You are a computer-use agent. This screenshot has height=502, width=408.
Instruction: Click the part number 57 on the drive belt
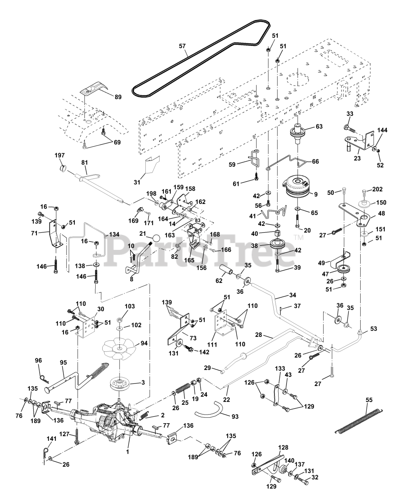point(182,46)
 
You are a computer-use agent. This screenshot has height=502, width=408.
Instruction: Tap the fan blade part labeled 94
point(119,349)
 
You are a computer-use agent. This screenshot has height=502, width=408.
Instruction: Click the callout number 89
point(118,97)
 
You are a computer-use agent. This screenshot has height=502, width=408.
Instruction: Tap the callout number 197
point(60,155)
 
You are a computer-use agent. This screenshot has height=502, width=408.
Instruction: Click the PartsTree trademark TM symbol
point(299,237)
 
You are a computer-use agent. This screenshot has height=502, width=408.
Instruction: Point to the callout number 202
point(377,189)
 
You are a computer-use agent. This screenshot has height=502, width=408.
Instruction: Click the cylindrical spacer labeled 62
point(226,270)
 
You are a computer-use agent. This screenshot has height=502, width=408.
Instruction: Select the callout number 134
point(114,234)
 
